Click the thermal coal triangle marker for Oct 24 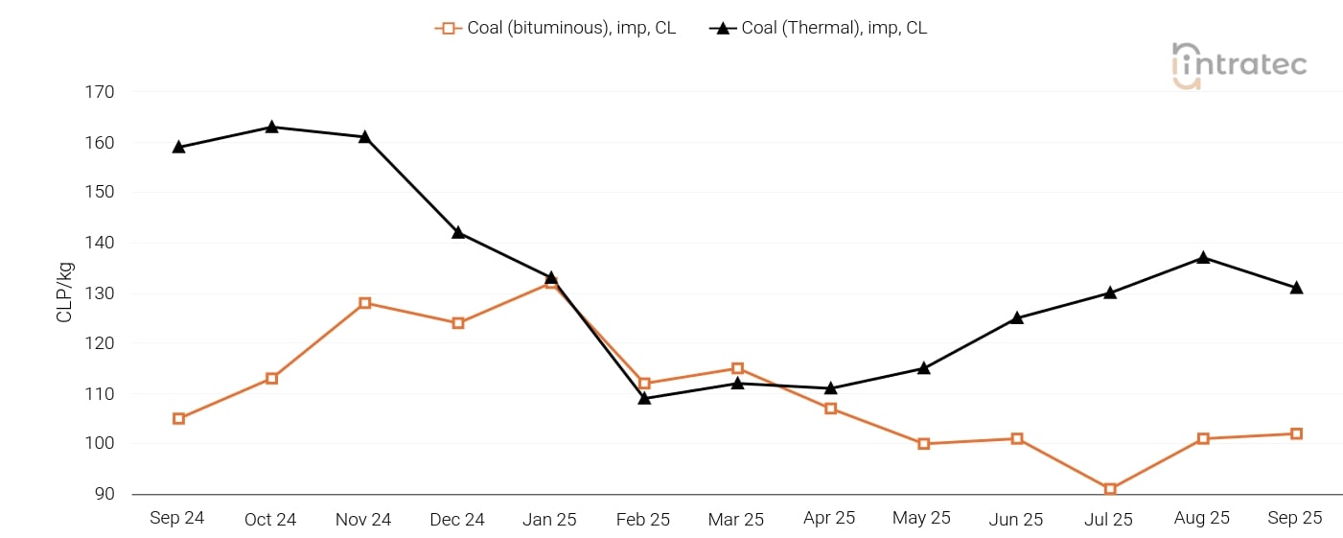coord(272,127)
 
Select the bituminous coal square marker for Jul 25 coord(1110,489)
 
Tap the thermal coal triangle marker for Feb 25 coord(644,398)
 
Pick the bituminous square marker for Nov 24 coord(365,303)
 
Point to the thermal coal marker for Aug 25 coord(1203,258)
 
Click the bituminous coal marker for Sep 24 coord(179,418)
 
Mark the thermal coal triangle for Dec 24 coord(458,232)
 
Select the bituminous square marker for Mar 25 coord(737,368)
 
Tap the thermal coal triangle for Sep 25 coord(1296,288)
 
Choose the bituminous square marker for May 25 coord(924,444)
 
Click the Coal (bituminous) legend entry coord(556,28)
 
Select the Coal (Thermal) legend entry coord(819,28)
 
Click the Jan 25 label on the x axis coord(549,519)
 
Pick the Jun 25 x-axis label coord(1015,519)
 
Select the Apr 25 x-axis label coord(829,518)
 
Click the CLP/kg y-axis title coord(65,293)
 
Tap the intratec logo coord(1239,65)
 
